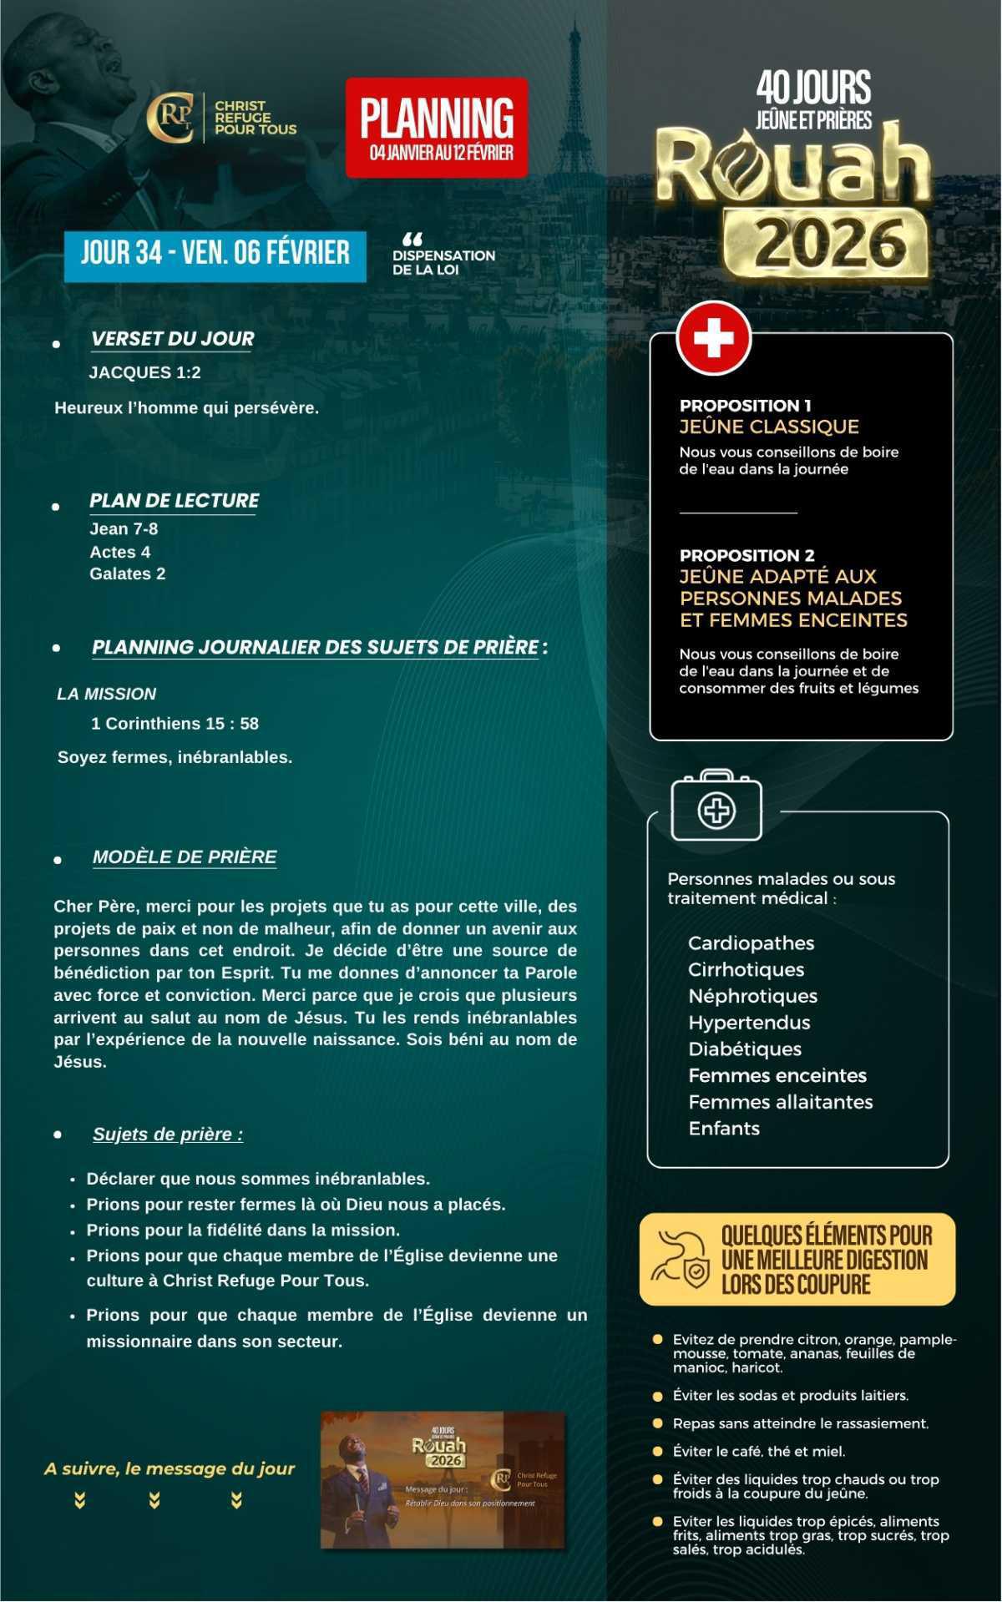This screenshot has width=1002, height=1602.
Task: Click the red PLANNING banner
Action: coord(437,127)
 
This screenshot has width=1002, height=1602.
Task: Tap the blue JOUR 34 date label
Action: coord(215,253)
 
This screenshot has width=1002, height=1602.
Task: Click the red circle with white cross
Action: coord(714,338)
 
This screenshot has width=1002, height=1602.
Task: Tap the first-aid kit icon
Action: coord(716,807)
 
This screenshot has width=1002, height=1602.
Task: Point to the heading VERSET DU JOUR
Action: coord(172,339)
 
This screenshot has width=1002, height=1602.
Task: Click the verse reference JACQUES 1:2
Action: coord(144,372)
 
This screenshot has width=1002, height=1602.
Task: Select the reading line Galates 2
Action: coord(127,574)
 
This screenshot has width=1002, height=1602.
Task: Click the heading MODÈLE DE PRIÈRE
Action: coord(185,857)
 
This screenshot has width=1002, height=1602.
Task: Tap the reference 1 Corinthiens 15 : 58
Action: coord(175,723)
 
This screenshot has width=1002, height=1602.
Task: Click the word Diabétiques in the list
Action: coord(744,1049)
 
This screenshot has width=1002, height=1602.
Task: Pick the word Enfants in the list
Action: coord(724,1128)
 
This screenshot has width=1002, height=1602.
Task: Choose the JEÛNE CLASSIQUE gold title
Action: coord(768,427)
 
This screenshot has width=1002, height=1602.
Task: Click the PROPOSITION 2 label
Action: coord(746,555)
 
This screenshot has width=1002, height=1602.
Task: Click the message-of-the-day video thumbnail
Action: coord(443,1479)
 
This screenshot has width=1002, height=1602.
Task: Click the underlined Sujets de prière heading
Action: coord(168,1134)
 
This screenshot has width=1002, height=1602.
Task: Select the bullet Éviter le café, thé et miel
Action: coord(758,1451)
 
